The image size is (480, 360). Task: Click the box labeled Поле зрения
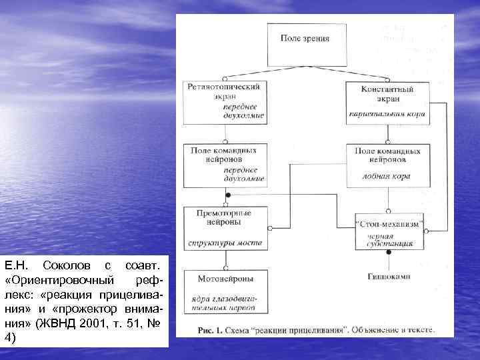(x=307, y=44)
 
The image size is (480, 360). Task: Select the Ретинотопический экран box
(x=226, y=101)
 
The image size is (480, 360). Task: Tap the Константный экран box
(x=387, y=103)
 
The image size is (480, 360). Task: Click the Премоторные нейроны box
(x=226, y=228)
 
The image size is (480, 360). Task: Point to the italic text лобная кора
(x=387, y=177)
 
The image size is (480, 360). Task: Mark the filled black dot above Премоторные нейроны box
(x=228, y=195)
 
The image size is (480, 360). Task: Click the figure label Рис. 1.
(x=209, y=329)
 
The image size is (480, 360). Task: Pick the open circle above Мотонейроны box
(x=226, y=268)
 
